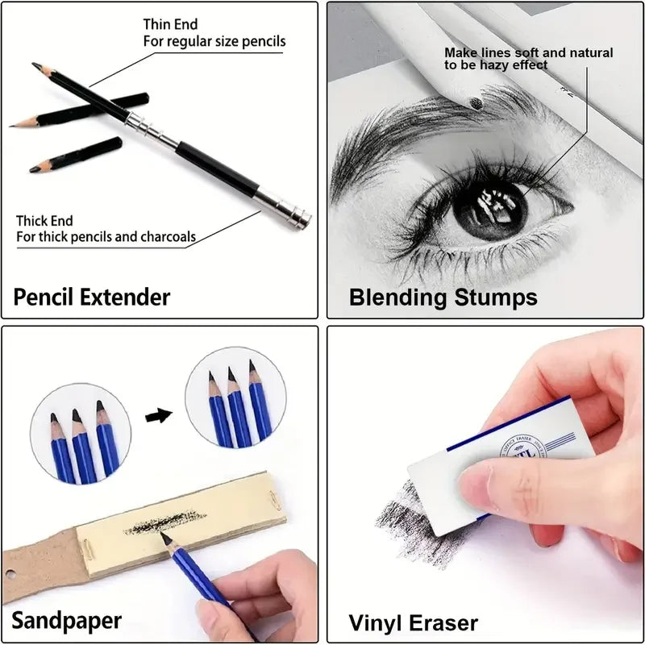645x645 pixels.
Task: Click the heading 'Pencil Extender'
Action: (x=92, y=296)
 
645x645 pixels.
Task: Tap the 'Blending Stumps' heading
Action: (x=443, y=297)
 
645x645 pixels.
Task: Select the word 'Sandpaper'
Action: (x=66, y=620)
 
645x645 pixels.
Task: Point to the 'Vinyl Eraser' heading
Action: (x=413, y=622)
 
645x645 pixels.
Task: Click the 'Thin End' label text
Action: (x=170, y=25)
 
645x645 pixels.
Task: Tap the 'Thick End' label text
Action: (x=44, y=221)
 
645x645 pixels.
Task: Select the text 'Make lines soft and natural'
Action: (x=528, y=52)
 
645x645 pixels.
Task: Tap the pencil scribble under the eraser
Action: (x=399, y=520)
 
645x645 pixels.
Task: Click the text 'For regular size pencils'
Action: (x=214, y=41)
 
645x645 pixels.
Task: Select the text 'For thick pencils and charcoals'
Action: (x=106, y=237)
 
